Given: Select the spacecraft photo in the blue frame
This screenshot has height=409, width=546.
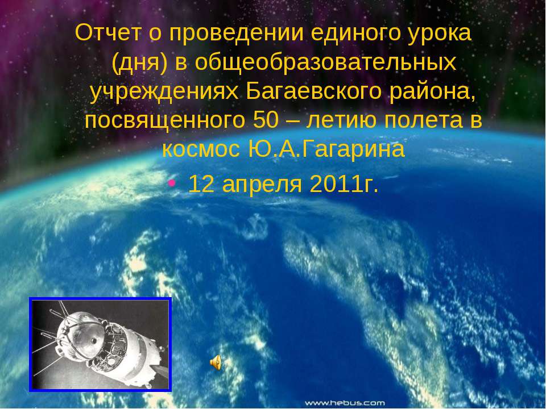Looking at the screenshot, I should pos(101,344).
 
